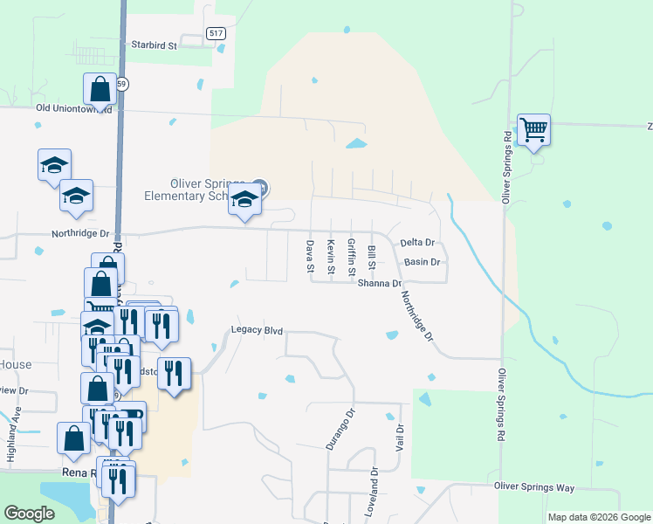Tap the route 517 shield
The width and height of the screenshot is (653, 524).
point(217,33)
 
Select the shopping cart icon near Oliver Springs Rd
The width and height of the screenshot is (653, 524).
point(533,131)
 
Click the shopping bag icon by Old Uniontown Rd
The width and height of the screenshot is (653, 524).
point(100,89)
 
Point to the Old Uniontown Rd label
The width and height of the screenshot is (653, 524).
point(73,109)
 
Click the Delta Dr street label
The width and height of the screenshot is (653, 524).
point(417,242)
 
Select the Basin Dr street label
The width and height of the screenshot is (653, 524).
point(422,262)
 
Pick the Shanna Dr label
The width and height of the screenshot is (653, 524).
point(380,283)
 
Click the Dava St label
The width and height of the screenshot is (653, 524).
point(309,257)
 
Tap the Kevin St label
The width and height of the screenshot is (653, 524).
point(331,257)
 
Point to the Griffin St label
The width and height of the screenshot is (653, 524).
point(351,258)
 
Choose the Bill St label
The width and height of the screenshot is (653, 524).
point(372,257)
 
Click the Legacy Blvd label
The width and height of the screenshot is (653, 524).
point(257,330)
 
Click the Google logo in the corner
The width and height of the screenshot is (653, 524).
point(30,514)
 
